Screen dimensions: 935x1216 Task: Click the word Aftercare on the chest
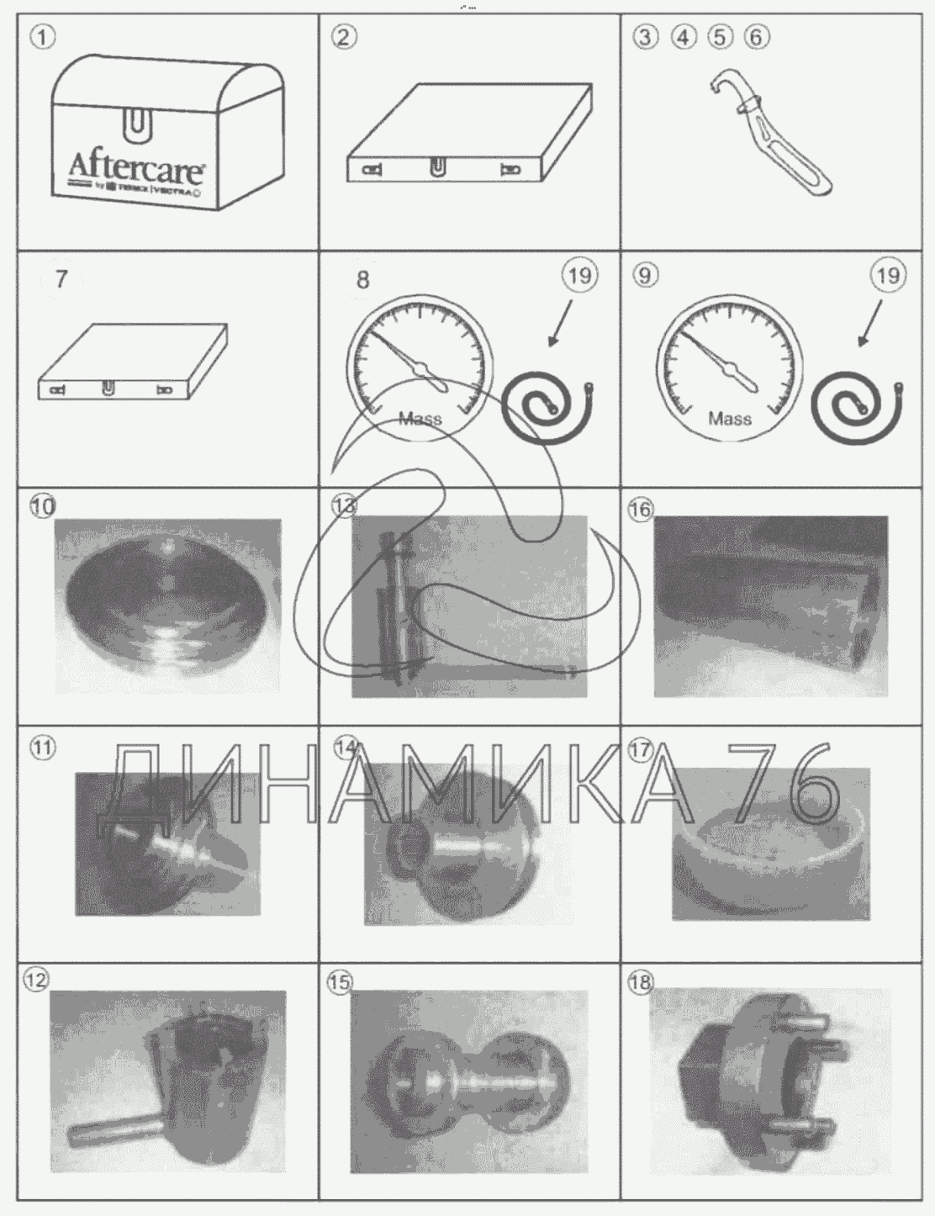(135, 165)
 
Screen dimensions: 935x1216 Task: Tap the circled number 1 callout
(41, 36)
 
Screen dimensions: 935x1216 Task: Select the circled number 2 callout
(343, 37)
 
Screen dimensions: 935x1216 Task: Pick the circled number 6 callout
(757, 37)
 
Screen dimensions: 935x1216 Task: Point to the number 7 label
(61, 278)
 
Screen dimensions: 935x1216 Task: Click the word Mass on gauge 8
(420, 418)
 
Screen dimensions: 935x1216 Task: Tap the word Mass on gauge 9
(729, 418)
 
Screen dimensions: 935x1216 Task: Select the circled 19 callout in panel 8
(579, 276)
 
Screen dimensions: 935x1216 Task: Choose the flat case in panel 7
(133, 362)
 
